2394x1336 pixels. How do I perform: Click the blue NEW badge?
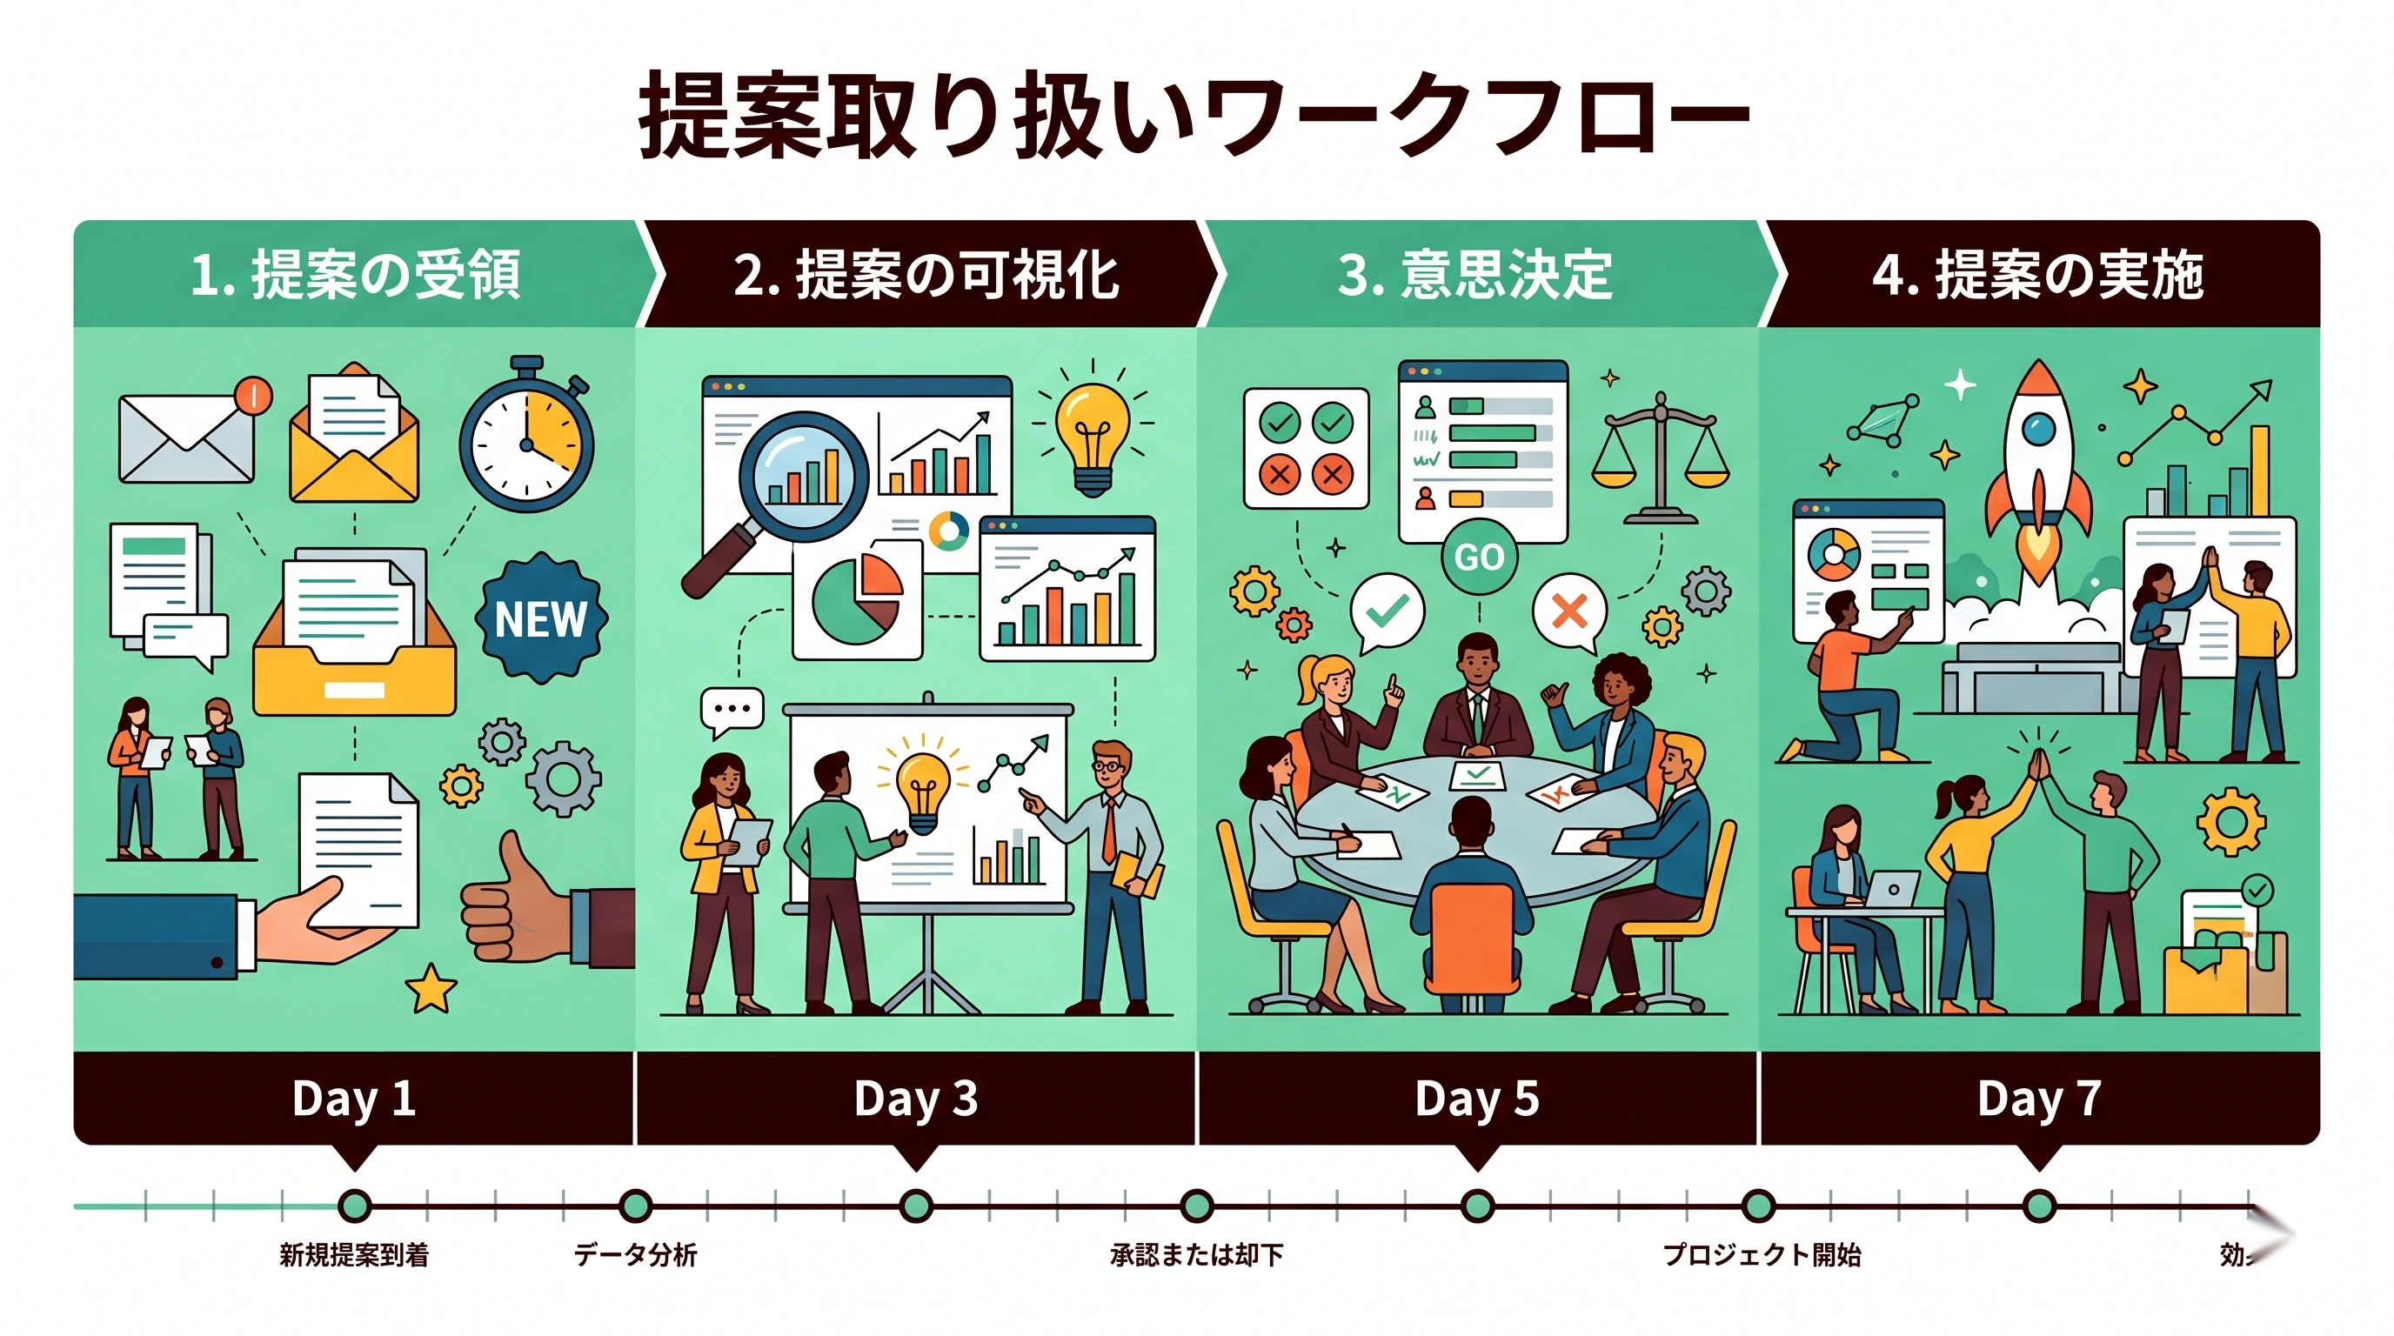click(541, 618)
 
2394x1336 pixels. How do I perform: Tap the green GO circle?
click(1479, 557)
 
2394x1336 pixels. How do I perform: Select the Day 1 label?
click(353, 1099)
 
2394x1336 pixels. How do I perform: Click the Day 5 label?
click(1477, 1099)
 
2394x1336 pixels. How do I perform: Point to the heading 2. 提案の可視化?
click(926, 275)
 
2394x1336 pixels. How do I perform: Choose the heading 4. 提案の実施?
click(2037, 275)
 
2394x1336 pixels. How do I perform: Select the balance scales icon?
click(1660, 455)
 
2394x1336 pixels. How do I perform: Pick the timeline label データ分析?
click(636, 1255)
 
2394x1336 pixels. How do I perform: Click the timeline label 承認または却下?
click(1196, 1255)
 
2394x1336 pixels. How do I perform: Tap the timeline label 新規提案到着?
click(354, 1255)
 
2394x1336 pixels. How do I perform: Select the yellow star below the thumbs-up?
click(431, 987)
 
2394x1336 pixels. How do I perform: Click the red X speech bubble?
click(1569, 611)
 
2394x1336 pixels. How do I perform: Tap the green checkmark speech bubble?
click(1387, 611)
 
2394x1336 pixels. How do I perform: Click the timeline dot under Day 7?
click(2038, 1207)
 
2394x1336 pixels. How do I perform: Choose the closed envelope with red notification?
click(188, 437)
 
